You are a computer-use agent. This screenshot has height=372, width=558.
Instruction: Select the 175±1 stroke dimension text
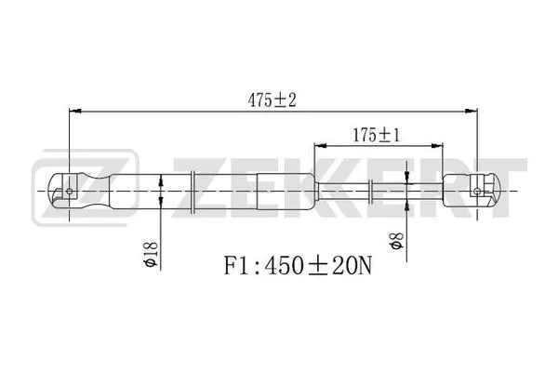tap(377, 134)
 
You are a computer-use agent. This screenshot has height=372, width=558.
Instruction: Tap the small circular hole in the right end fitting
tap(477, 193)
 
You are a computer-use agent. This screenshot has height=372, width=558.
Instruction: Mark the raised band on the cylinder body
tap(193, 193)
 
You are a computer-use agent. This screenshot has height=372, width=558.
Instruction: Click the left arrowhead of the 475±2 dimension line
tap(75, 110)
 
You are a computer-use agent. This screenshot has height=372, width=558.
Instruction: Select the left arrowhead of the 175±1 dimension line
tap(319, 146)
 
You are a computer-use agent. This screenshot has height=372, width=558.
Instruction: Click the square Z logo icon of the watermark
tap(54, 193)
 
